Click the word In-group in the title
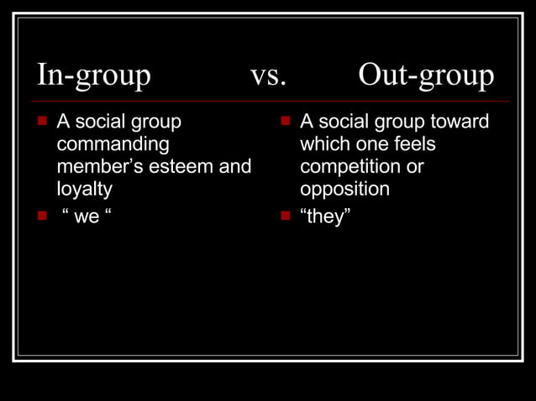93,76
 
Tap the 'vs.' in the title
269,76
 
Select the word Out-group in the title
426,76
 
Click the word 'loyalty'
84,189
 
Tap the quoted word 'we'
87,217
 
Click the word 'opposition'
344,189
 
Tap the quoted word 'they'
325,217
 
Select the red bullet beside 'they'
285,216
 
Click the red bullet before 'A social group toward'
285,122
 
